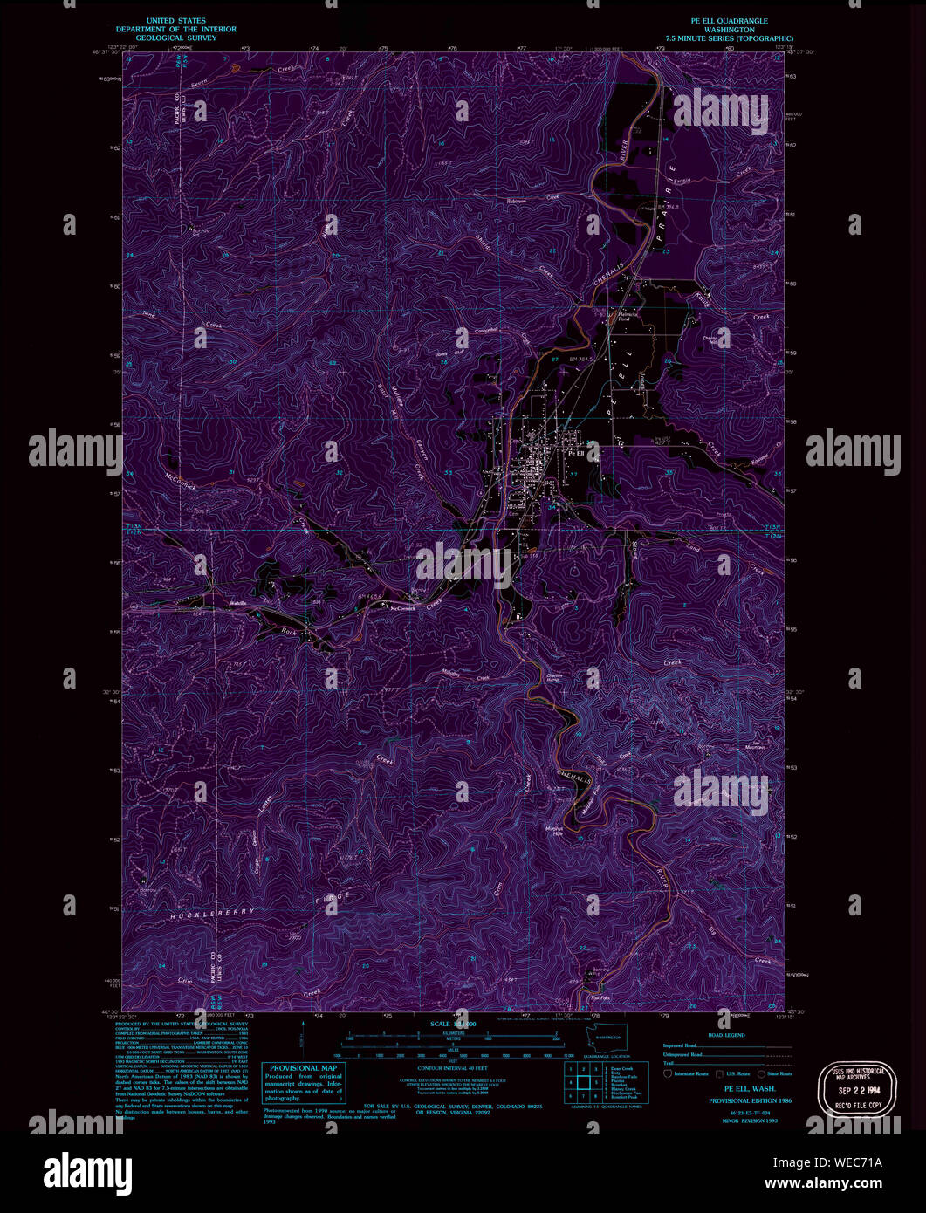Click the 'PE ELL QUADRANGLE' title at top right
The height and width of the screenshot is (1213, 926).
coord(729,20)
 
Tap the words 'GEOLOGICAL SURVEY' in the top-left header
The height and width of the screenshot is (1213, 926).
coord(176,38)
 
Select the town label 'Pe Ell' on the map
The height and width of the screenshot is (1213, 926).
coord(577,454)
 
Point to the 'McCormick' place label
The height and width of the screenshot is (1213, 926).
coord(401,608)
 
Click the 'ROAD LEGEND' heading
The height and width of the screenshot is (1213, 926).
coord(727,1035)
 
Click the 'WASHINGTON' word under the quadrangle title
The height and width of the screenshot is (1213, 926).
coord(729,30)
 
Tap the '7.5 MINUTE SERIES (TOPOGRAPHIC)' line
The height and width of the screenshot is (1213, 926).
coord(729,38)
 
